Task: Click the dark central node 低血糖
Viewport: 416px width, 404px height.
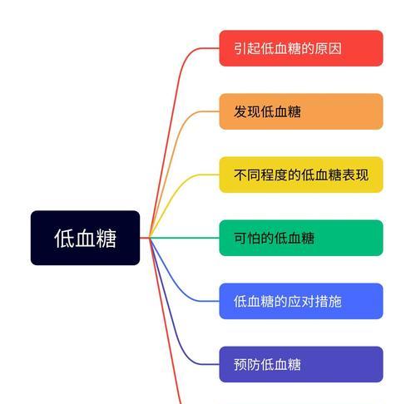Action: [x=85, y=238]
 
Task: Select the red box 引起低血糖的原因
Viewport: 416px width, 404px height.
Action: [x=301, y=48]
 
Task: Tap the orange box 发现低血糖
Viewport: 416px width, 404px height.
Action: [x=301, y=111]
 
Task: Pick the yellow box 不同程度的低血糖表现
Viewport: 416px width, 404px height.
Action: [x=301, y=175]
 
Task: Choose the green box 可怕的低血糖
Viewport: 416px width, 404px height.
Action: [x=301, y=238]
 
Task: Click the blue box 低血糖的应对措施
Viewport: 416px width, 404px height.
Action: [x=301, y=301]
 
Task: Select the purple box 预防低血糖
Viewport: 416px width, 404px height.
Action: [x=301, y=364]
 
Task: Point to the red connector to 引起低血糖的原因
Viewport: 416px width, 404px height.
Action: [x=172, y=111]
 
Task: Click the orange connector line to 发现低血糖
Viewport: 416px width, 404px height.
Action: [x=172, y=155]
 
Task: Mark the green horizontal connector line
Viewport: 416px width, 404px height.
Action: [x=185, y=238]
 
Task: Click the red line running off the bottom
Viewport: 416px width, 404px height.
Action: [x=165, y=322]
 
